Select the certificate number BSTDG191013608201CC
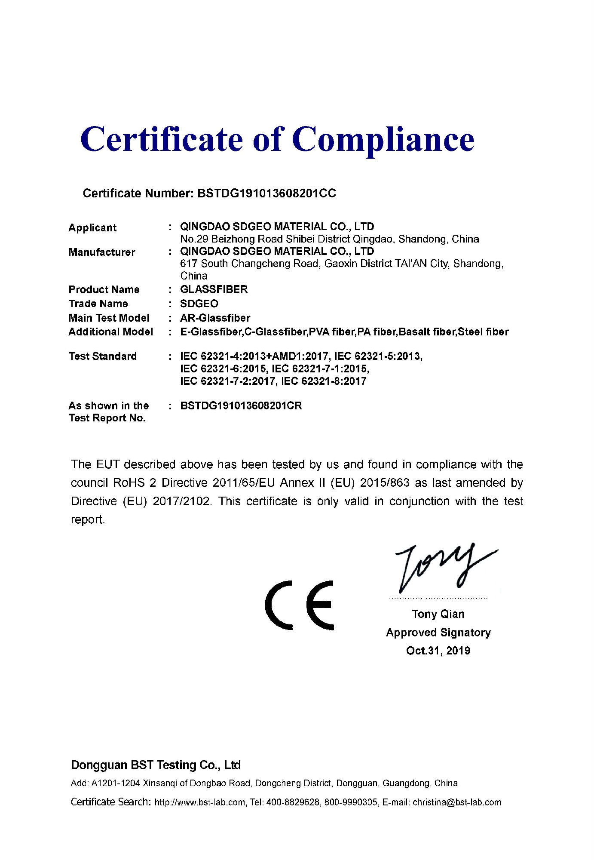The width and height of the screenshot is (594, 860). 266,193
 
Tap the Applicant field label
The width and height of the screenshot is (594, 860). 92,228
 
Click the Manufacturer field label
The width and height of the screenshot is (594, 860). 102,252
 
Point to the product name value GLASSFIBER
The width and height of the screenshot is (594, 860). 214,289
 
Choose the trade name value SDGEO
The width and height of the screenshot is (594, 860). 199,304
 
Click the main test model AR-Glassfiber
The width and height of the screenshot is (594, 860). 215,318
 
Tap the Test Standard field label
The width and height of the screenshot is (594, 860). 103,356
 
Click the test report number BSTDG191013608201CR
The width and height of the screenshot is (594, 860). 241,406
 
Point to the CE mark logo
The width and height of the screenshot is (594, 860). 299,605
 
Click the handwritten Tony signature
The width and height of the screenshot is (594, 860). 443,568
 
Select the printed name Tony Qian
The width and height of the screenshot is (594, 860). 438,614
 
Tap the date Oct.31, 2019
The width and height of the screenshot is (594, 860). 438,651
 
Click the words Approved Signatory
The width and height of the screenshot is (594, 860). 438,633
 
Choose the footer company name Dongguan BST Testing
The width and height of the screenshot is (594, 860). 156,765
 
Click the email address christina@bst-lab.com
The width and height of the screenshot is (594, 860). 457,802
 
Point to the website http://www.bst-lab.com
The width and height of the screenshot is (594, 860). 200,802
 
